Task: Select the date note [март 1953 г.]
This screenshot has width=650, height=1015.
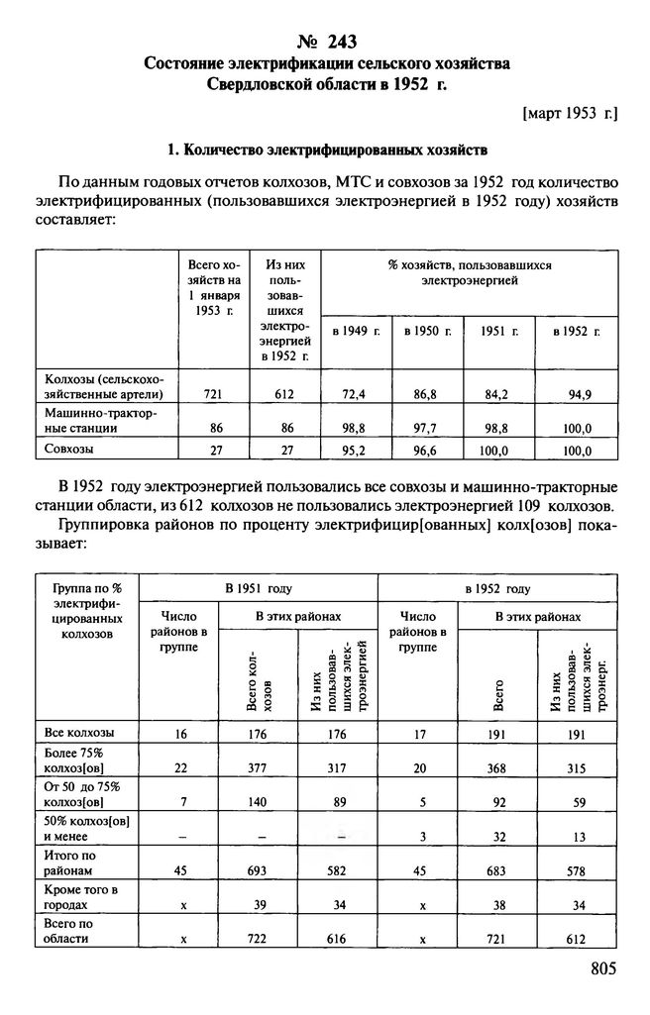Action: [569, 115]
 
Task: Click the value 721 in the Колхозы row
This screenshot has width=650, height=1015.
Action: [212, 394]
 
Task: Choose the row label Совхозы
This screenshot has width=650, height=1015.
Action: [71, 448]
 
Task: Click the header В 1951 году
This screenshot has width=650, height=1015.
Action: [258, 588]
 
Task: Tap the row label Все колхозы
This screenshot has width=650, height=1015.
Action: [79, 733]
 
